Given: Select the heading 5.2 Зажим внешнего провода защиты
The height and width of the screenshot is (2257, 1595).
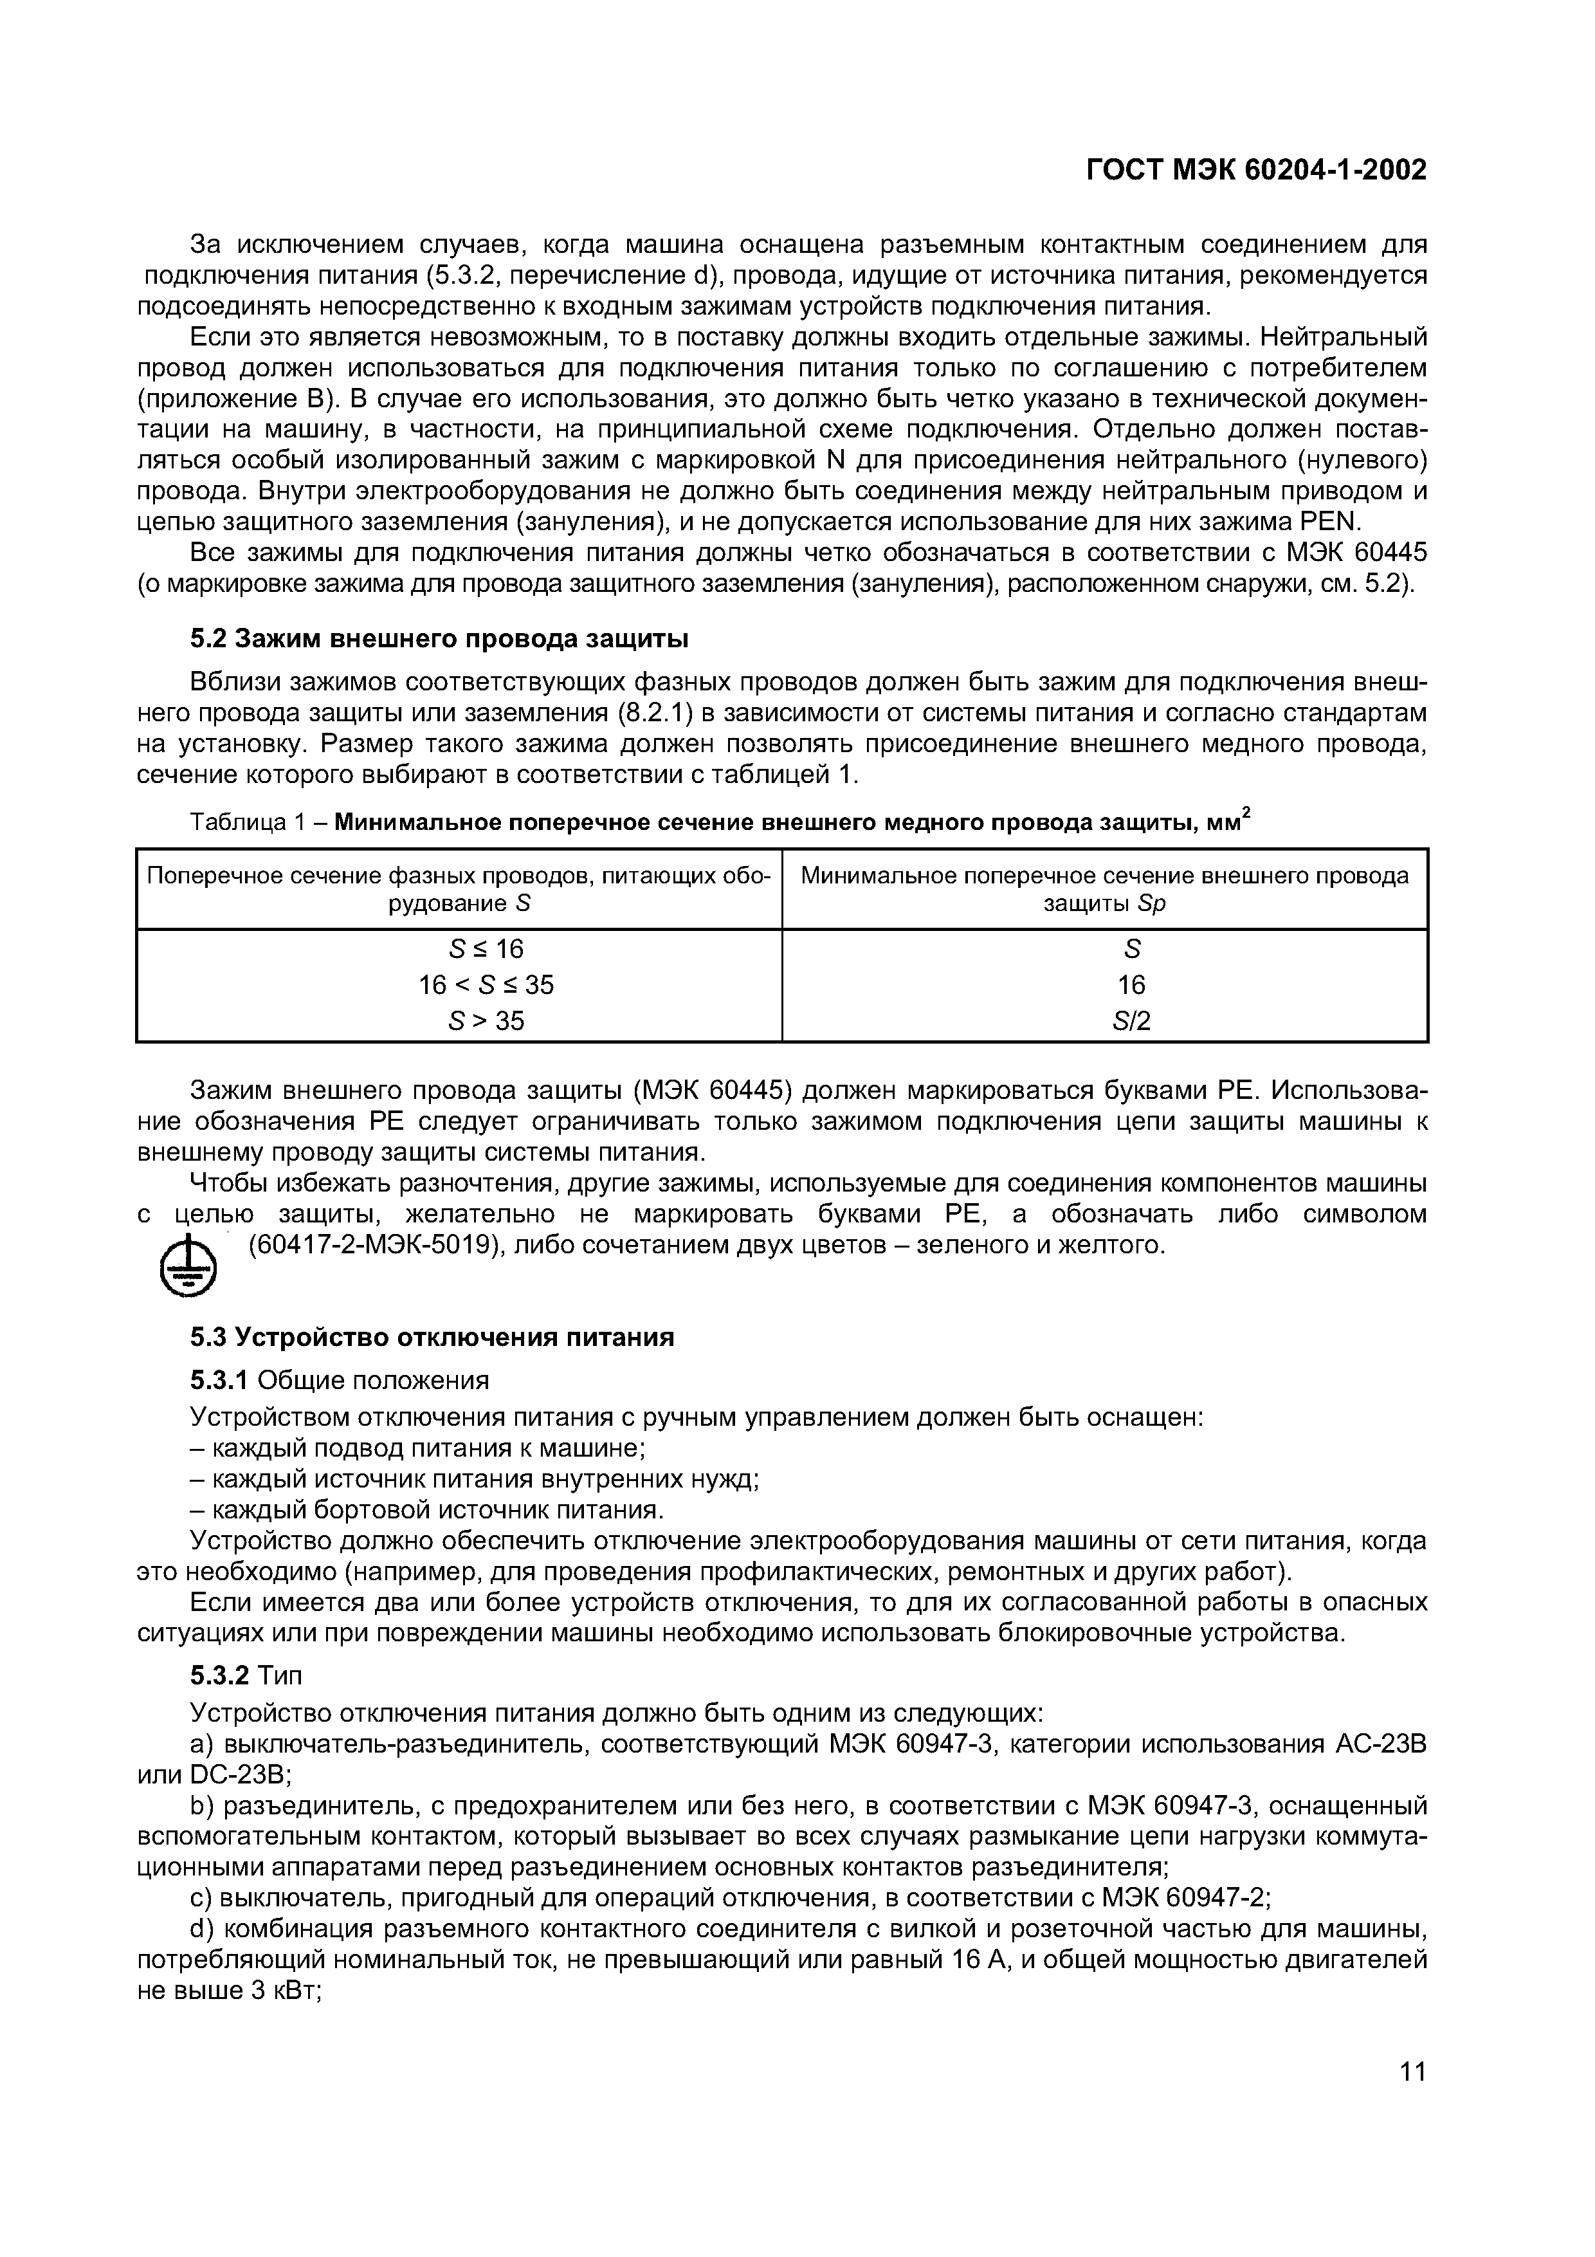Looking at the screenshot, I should click(439, 639).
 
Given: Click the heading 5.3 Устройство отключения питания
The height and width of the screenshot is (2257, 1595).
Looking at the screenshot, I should click(432, 1338).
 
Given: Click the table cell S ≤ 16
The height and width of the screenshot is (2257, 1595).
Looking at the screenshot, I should click(486, 948).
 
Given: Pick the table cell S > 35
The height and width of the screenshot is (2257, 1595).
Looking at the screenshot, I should click(486, 1021).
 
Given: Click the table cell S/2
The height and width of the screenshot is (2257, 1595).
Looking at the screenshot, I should click(1131, 1021).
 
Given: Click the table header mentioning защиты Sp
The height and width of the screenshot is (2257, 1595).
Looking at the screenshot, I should click(1105, 889).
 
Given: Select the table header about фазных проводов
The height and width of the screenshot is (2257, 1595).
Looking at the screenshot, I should click(459, 889).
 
